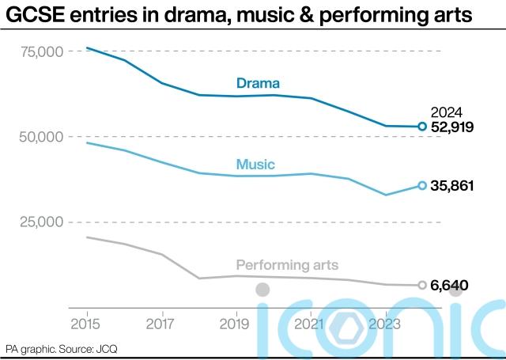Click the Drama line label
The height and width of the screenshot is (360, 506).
click(x=259, y=82)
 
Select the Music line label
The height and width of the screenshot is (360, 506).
click(x=255, y=165)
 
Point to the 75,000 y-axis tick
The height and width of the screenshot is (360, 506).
click(x=40, y=52)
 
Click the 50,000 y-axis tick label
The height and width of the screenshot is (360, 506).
click(x=40, y=137)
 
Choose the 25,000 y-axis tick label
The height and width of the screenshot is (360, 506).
click(x=40, y=222)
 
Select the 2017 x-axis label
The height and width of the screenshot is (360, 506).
click(x=160, y=324)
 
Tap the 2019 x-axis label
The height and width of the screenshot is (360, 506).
click(x=235, y=324)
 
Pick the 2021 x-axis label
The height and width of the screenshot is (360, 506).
click(x=309, y=324)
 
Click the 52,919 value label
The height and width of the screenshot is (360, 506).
click(x=451, y=127)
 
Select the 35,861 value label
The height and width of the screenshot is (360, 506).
click(x=451, y=186)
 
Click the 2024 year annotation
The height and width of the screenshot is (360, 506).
click(x=446, y=112)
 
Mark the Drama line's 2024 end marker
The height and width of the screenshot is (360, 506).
click(x=422, y=127)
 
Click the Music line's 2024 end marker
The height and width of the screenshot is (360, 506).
click(x=422, y=186)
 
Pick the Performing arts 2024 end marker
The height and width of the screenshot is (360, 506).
click(x=422, y=285)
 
